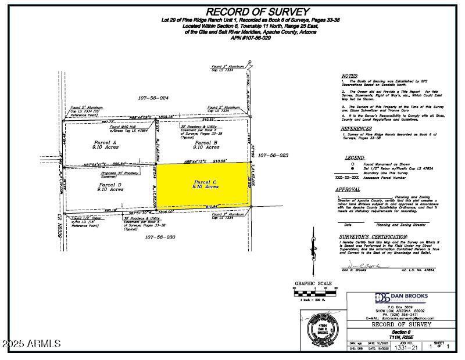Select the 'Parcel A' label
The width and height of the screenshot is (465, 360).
[x=105, y=142]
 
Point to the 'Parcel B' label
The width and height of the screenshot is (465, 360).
[x=206, y=142]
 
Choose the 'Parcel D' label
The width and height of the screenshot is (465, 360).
[x=109, y=185]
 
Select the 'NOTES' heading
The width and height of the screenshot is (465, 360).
[x=349, y=76]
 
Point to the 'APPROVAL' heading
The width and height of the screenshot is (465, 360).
[x=352, y=189]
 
